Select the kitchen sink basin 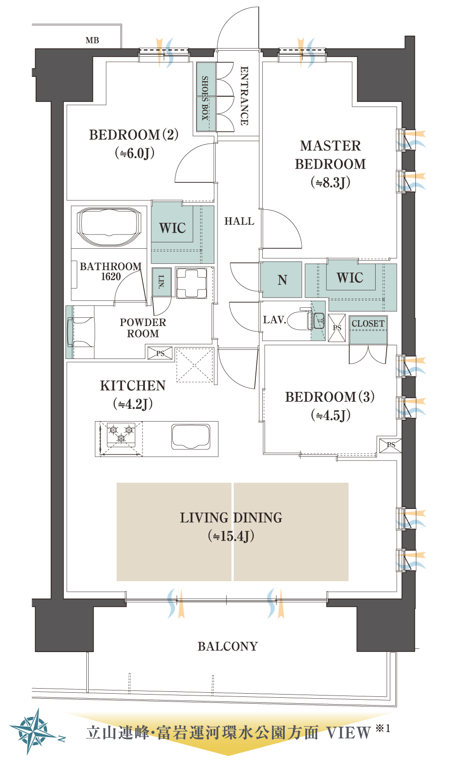pos(191,437)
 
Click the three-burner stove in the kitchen pos(121,435)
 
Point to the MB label pos(92,40)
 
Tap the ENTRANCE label pos(244,96)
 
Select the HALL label pos(239,221)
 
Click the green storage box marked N pos(281,280)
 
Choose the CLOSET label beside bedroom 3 pos(368,323)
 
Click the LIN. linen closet pos(161,281)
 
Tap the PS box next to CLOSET pos(337,328)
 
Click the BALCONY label pos(228,647)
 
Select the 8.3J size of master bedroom pos(330,182)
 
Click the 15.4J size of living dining pos(231,536)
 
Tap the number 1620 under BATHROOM pos(111,276)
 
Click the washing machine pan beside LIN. pos(191,283)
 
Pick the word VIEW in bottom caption pos(349,733)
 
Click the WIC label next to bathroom pos(172,228)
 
